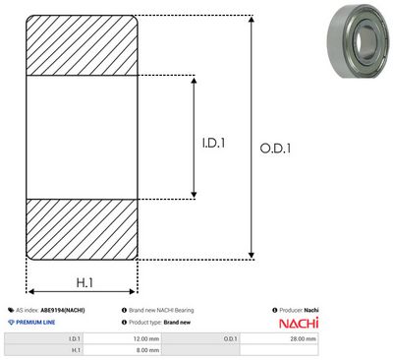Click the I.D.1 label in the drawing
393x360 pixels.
pyautogui.click(x=213, y=143)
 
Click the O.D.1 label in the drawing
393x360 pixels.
pyautogui.click(x=275, y=149)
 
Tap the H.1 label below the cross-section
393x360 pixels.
pyautogui.click(x=84, y=282)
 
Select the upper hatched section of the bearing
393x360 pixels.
pyautogui.click(x=82, y=45)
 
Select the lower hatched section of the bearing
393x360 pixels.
pyautogui.click(x=82, y=229)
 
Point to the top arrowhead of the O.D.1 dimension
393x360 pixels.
pyautogui.click(x=252, y=19)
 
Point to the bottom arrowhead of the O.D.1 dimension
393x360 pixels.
pyautogui.click(x=252, y=255)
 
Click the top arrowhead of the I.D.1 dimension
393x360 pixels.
pyautogui.click(x=194, y=81)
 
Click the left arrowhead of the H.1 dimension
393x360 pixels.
pyautogui.click(x=31, y=291)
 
